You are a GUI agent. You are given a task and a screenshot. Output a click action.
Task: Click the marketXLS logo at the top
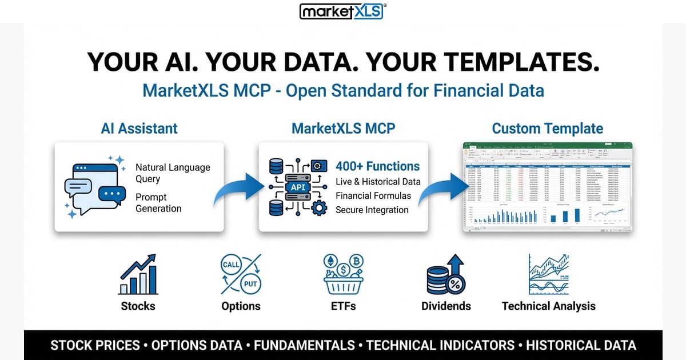point(342,11)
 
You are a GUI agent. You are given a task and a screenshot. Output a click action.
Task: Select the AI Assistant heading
point(139,129)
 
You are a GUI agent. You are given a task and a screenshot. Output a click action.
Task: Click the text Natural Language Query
point(173,173)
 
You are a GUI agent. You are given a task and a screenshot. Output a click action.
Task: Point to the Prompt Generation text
point(158,202)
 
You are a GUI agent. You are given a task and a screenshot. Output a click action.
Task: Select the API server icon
point(297,187)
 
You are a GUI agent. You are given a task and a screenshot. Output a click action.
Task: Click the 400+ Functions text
point(377,167)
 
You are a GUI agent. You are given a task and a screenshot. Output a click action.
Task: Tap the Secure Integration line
point(372,210)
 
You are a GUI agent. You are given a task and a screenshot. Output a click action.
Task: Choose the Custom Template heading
point(547,129)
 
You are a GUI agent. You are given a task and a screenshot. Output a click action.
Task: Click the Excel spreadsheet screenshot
point(547,187)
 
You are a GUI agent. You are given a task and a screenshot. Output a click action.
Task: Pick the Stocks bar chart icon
point(138,275)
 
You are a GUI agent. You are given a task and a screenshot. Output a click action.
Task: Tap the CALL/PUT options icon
point(241,274)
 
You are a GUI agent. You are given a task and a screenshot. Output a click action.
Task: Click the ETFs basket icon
point(343,274)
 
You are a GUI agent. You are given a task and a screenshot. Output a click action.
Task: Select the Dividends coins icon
point(446,275)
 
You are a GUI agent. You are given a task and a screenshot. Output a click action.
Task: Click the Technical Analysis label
point(548,306)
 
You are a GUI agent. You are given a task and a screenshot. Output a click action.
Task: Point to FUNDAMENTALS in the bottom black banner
point(304,345)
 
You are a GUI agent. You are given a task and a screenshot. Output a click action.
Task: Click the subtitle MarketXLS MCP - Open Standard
point(343,91)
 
